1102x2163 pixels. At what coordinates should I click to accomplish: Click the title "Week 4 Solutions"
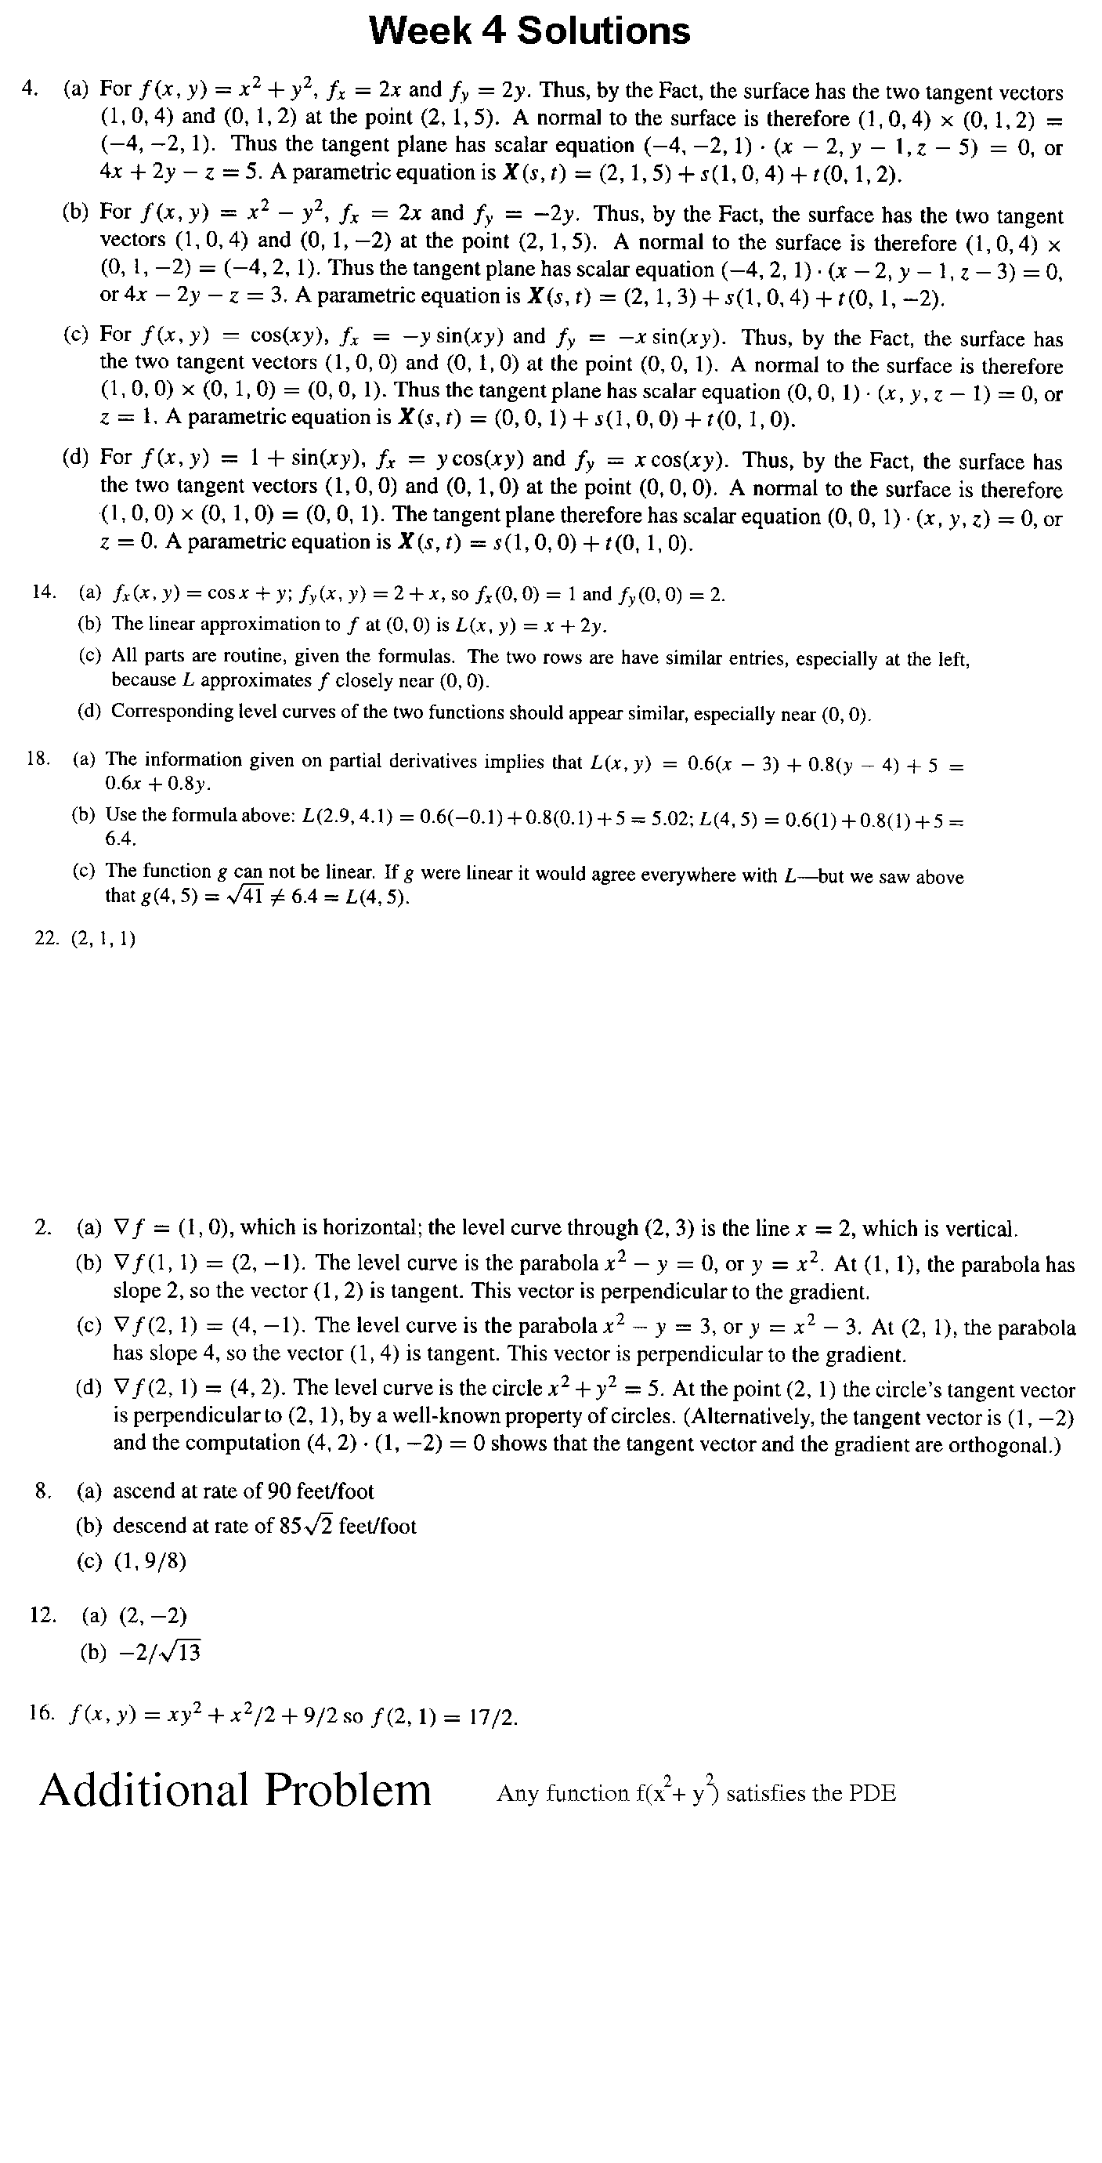529,31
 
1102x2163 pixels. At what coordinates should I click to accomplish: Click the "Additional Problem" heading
235,1790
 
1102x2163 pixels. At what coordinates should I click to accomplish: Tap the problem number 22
46,939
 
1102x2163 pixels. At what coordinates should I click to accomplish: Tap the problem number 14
44,592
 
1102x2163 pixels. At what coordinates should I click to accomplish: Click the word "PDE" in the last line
873,1794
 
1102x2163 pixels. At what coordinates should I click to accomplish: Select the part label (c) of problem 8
89,1561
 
